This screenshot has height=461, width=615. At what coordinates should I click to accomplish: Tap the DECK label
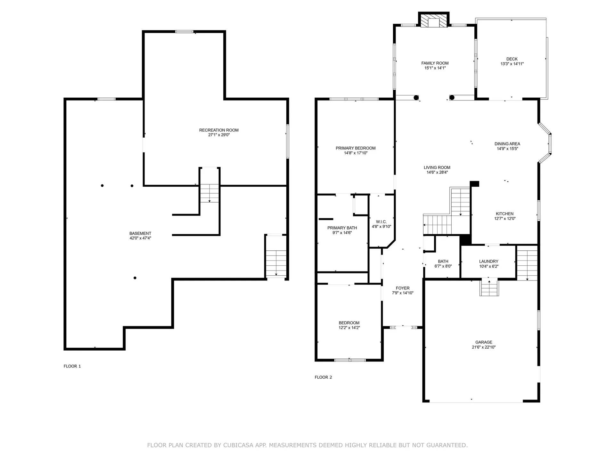click(512, 59)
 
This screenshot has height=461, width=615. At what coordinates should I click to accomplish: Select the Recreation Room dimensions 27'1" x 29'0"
click(219, 135)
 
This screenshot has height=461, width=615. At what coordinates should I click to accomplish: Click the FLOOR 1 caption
click(72, 366)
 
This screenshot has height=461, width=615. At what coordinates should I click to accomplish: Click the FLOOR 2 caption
click(323, 377)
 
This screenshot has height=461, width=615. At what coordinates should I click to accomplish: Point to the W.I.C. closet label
click(381, 222)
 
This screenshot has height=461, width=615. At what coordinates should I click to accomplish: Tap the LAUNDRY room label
click(488, 261)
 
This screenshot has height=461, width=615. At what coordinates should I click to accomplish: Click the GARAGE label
click(484, 342)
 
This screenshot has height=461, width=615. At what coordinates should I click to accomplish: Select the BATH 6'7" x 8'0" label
click(443, 263)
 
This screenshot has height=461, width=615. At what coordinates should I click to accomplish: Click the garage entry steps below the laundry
click(489, 288)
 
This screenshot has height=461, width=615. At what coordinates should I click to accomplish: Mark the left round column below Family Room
click(416, 98)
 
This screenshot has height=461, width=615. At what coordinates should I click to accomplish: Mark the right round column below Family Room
click(452, 98)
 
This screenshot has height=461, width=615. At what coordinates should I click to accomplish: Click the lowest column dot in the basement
click(135, 278)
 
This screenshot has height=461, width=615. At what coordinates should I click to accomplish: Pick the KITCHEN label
click(504, 214)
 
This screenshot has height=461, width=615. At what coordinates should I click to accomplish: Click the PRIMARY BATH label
click(342, 228)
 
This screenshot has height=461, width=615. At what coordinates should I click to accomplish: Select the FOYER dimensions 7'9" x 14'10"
click(403, 293)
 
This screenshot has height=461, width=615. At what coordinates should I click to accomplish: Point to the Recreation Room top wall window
click(184, 31)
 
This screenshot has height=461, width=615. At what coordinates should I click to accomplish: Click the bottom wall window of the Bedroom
click(350, 360)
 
